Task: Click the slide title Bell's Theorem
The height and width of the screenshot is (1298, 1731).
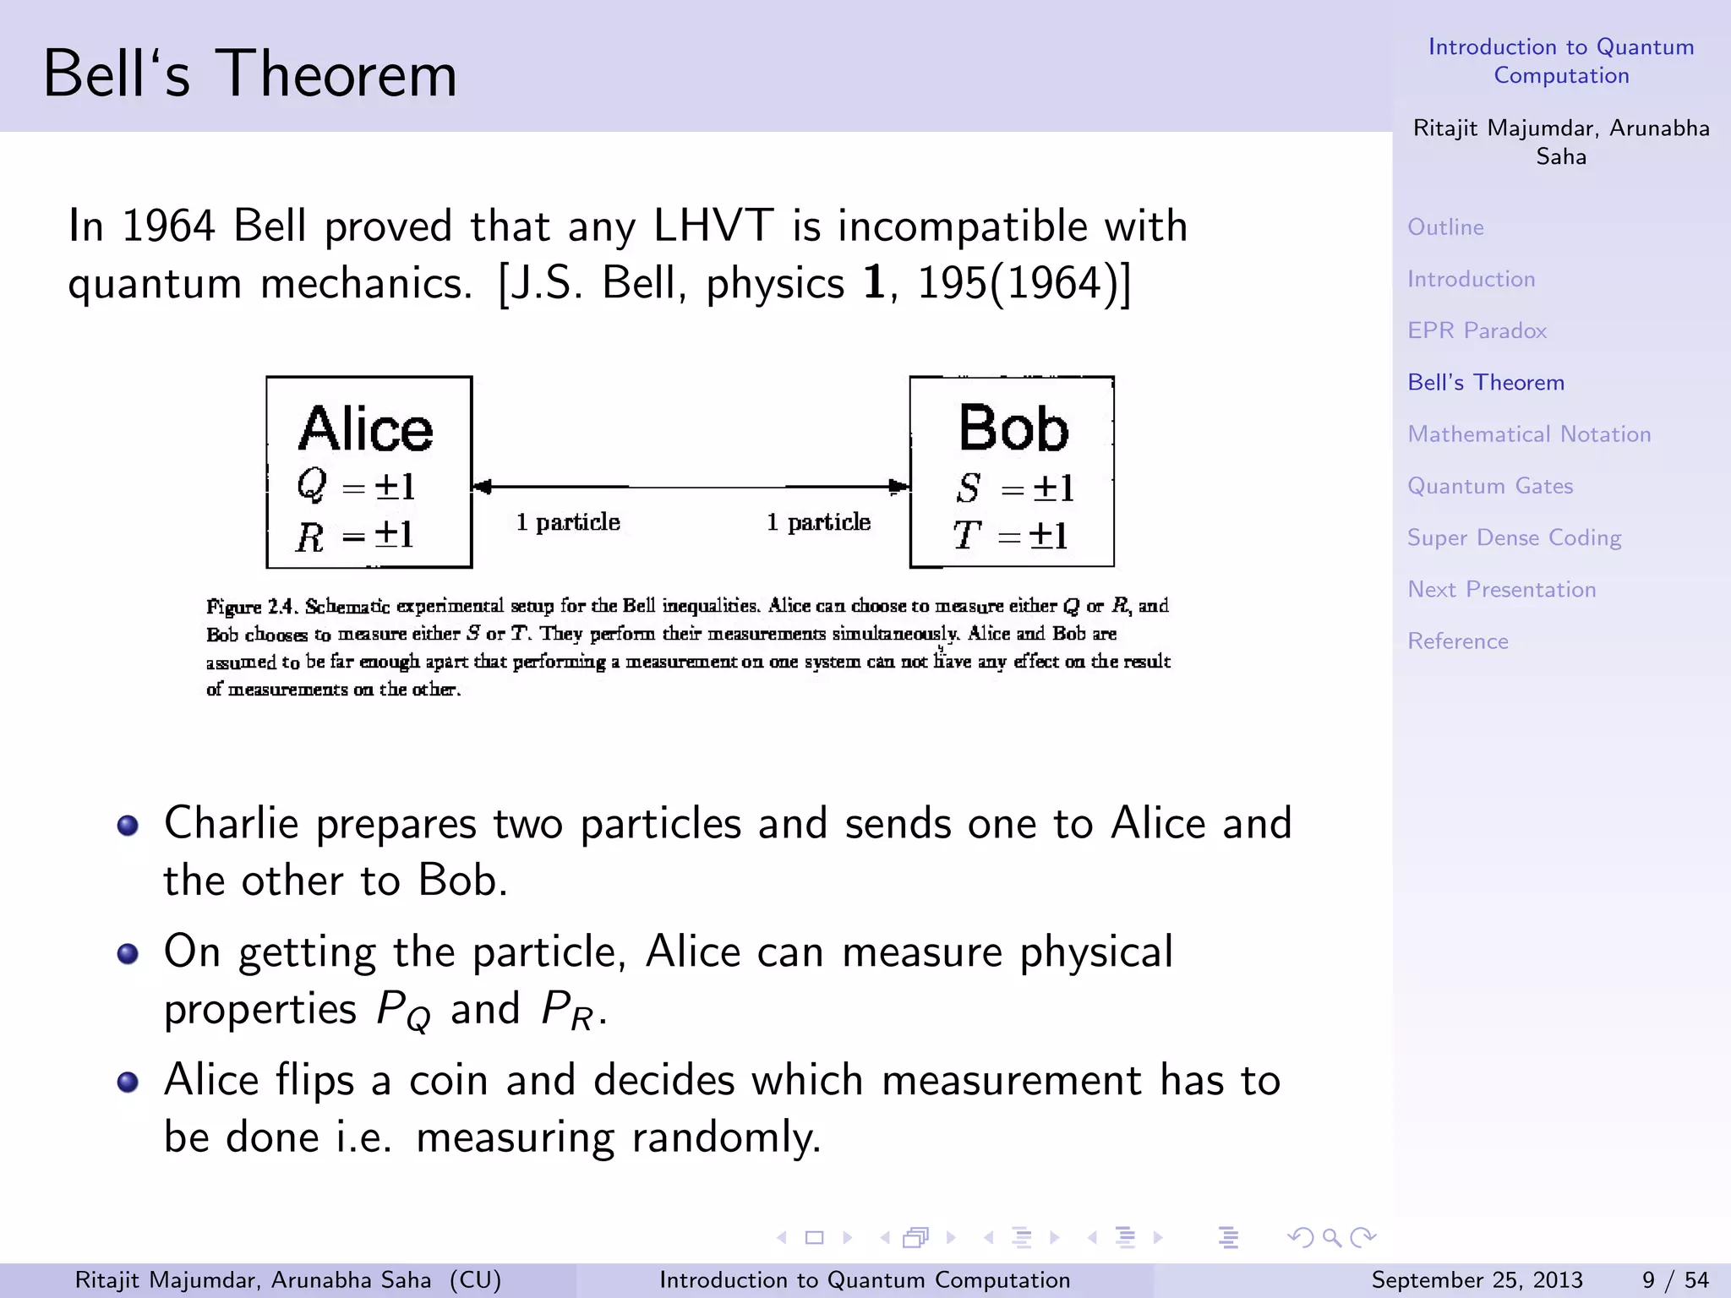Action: pyautogui.click(x=249, y=74)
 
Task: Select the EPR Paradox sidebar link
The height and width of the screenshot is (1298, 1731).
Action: pyautogui.click(x=1477, y=330)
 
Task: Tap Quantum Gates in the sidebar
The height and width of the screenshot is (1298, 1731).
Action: pyautogui.click(x=1489, y=486)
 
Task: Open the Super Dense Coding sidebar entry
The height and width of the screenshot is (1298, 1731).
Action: pyautogui.click(x=1514, y=537)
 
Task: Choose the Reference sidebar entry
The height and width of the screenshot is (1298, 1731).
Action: pyautogui.click(x=1457, y=641)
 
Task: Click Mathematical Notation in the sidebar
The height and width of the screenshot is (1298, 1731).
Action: pyautogui.click(x=1528, y=434)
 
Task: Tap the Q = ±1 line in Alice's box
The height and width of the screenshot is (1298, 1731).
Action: pyautogui.click(x=356, y=486)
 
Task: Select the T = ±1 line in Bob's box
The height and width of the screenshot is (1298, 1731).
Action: pyautogui.click(x=1011, y=535)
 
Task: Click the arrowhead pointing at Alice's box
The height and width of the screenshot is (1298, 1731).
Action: pyautogui.click(x=482, y=487)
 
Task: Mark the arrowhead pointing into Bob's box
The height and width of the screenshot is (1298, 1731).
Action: pyautogui.click(x=899, y=487)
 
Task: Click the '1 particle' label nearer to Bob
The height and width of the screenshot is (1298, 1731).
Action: pyautogui.click(x=818, y=522)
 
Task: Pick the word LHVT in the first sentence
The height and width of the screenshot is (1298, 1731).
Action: pyautogui.click(x=713, y=226)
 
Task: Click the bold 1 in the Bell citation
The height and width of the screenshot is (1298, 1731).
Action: pyautogui.click(x=874, y=283)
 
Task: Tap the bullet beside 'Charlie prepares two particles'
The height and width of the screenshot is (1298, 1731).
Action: pyautogui.click(x=128, y=825)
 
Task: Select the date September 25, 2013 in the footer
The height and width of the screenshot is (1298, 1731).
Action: pyautogui.click(x=1477, y=1279)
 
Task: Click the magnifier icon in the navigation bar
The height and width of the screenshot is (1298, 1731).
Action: pyautogui.click(x=1331, y=1238)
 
